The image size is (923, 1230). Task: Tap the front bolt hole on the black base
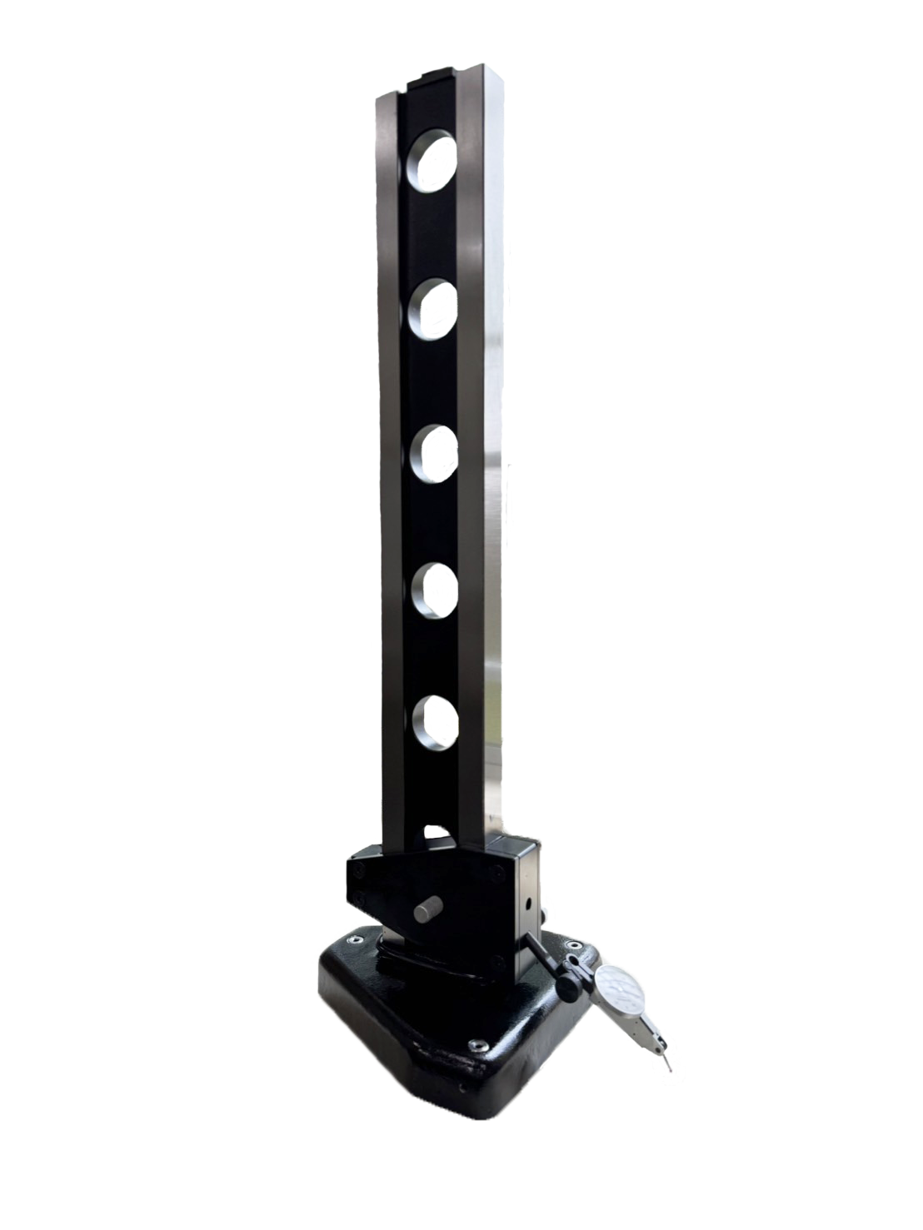[x=476, y=1046]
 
